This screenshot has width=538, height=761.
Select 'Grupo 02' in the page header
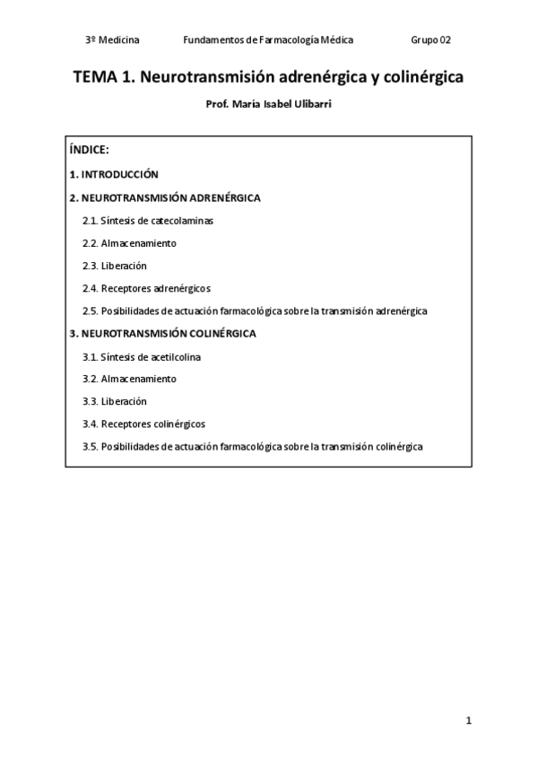(x=431, y=40)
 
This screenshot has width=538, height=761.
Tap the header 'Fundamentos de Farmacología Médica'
(x=268, y=40)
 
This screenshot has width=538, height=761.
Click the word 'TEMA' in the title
(x=92, y=78)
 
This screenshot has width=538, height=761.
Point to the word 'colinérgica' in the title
(x=421, y=78)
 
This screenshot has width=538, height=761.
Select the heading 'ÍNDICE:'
(x=89, y=150)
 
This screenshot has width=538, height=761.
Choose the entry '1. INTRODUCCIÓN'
(x=114, y=174)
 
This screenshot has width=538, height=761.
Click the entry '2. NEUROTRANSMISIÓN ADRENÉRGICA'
(x=165, y=197)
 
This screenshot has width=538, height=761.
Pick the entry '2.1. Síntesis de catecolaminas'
(x=148, y=220)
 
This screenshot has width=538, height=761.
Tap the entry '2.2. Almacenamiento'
(x=129, y=243)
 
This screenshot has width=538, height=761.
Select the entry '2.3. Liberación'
(x=115, y=266)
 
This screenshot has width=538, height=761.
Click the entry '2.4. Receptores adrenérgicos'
(x=146, y=288)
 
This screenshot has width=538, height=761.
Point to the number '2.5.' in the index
(x=90, y=311)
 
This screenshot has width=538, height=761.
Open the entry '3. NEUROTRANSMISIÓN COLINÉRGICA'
(x=162, y=333)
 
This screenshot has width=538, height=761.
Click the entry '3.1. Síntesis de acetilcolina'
(x=142, y=356)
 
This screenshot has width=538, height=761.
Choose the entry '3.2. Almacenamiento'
(x=129, y=379)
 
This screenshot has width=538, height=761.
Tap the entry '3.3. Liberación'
(x=115, y=401)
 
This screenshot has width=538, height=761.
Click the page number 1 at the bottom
(x=468, y=721)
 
